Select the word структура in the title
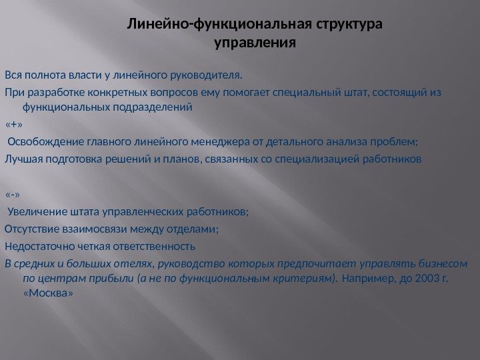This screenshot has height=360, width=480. tap(349, 26)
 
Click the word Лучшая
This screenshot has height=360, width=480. tap(23, 159)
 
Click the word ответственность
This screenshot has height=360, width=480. tap(154, 245)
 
